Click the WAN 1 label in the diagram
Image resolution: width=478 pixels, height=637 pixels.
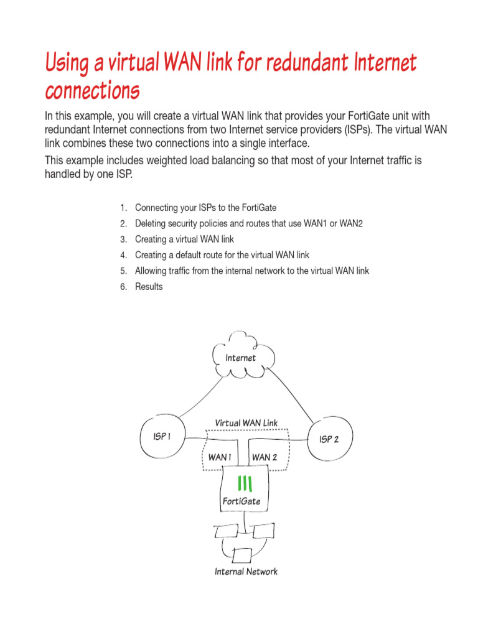point(220,457)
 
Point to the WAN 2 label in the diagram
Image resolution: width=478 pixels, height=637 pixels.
point(265,457)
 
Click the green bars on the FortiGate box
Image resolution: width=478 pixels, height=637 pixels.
point(245,483)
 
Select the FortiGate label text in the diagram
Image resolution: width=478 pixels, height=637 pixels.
point(241,501)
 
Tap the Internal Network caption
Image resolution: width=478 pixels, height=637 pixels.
point(246,571)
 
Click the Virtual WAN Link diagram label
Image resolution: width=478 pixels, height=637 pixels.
point(246,423)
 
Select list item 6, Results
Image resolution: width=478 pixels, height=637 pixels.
point(149,287)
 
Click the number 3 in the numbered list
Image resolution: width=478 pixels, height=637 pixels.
point(123,239)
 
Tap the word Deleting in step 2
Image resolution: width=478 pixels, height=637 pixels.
point(151,223)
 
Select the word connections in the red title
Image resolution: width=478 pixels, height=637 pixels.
point(92,91)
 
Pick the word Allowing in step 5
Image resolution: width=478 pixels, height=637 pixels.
point(151,271)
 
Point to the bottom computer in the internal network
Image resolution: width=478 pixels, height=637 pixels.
point(242,554)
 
